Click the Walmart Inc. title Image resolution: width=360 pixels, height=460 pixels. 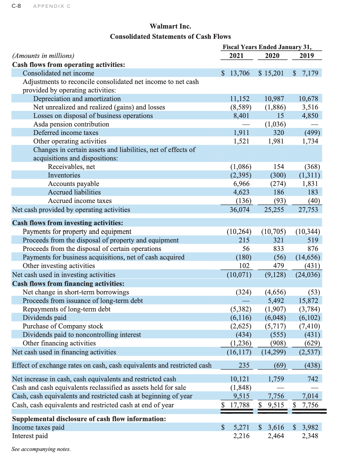tap(170, 26)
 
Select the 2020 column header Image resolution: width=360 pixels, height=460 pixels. tap(272, 56)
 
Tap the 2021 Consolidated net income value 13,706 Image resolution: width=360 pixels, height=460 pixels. tap(239, 73)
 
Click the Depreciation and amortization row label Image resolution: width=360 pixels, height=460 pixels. tap(77, 99)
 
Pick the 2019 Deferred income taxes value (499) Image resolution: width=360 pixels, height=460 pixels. tap(312, 133)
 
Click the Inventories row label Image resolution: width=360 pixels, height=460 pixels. tap(64, 175)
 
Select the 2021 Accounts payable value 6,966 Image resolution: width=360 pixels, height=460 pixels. tap(241, 184)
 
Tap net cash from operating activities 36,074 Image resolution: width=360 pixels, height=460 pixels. tap(239, 210)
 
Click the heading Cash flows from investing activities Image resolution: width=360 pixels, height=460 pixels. tap(67, 223)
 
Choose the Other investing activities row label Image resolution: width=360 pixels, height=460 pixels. tap(59, 266)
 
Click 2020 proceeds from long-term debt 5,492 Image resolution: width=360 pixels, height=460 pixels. tap(276, 300)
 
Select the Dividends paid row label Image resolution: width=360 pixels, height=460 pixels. tap(45, 318)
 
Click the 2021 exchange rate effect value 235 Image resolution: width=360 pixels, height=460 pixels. tap(244, 365)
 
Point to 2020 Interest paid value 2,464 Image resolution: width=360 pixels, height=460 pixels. tap(276, 436)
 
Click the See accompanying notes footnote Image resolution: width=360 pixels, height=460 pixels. tap(41, 449)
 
